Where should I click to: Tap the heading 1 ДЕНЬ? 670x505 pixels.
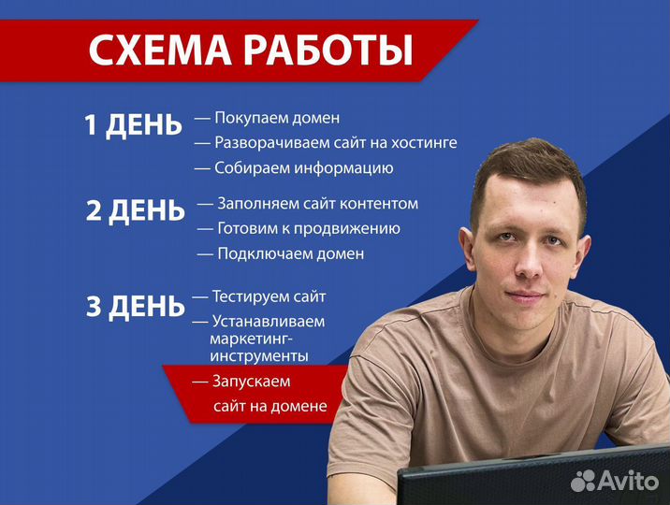(x=133, y=126)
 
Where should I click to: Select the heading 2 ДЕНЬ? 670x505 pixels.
(x=135, y=211)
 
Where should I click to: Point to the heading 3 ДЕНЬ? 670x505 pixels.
(x=135, y=307)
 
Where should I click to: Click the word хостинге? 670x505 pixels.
(x=416, y=144)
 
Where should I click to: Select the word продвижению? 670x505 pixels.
(x=346, y=228)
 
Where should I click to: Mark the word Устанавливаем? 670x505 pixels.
(x=268, y=322)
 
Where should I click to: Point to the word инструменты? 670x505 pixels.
(x=259, y=356)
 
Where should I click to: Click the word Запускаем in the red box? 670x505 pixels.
(x=252, y=382)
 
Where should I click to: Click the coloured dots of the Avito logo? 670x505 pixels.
(x=584, y=480)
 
